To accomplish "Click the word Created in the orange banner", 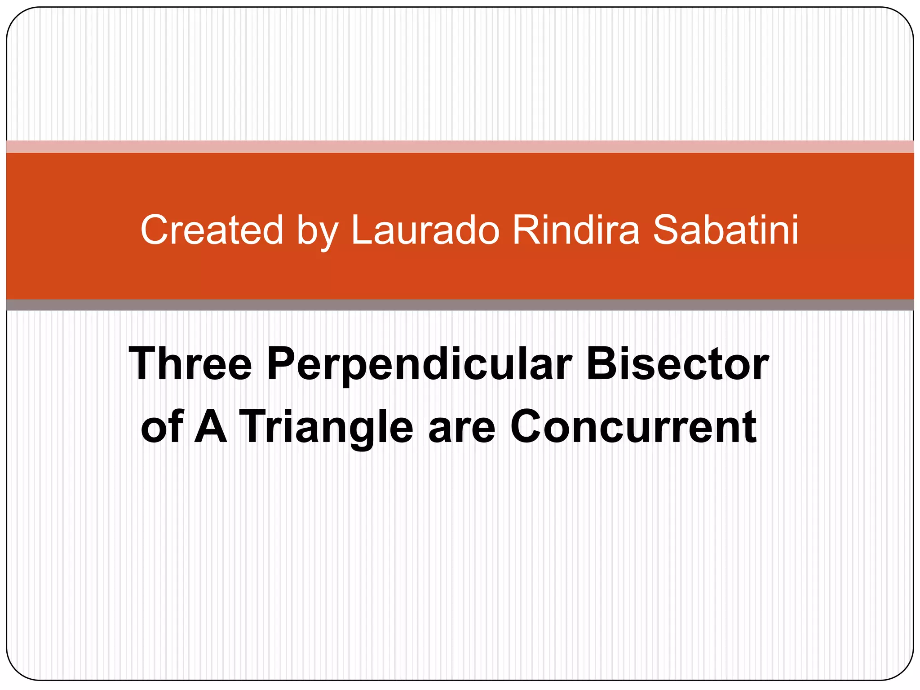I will (212, 230).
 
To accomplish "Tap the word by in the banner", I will (317, 232).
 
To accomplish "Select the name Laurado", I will (425, 230).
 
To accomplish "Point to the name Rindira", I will (576, 230).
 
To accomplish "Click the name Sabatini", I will (725, 230).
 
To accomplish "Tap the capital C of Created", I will (155, 230).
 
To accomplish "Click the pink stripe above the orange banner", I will (460, 146).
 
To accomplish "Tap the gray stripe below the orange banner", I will (460, 305).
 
